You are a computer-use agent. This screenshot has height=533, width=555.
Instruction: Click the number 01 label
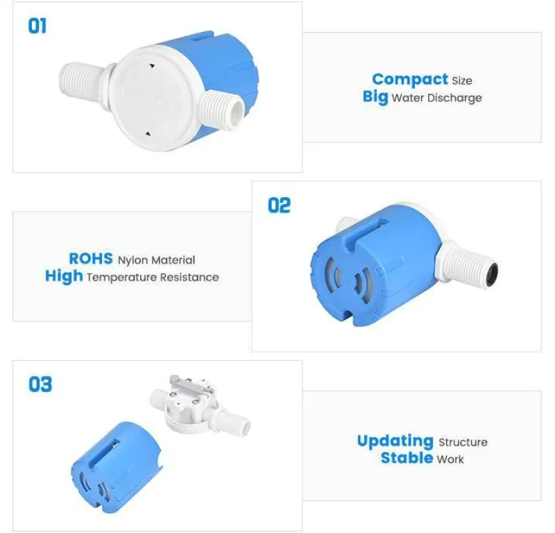(x=37, y=26)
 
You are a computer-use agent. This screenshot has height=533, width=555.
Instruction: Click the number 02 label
(x=279, y=205)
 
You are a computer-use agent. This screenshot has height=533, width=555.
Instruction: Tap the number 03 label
(x=40, y=384)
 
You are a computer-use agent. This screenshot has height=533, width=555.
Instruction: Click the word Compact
(x=410, y=79)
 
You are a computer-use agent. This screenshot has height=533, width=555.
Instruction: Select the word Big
(x=375, y=96)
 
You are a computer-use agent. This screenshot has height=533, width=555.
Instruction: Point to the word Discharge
(x=454, y=98)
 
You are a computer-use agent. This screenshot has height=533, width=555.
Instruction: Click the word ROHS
(x=91, y=259)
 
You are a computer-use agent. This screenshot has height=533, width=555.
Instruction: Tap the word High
(x=64, y=276)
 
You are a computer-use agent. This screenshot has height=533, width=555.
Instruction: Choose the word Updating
(x=395, y=441)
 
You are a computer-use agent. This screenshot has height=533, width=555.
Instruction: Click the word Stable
(x=407, y=458)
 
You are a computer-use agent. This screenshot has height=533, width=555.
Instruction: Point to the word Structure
(x=463, y=442)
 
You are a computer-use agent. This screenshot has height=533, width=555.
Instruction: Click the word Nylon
(x=133, y=261)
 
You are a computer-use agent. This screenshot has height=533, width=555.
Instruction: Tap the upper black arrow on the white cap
(x=151, y=66)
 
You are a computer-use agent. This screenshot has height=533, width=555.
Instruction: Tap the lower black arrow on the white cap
(x=148, y=134)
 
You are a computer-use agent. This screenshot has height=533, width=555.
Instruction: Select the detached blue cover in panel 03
(x=115, y=468)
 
